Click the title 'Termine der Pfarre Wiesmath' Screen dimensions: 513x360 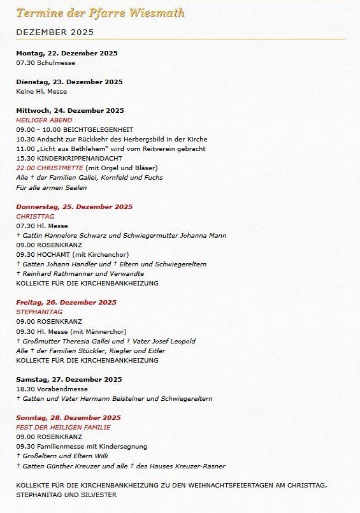100,13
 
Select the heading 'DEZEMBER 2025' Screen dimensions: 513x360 55,32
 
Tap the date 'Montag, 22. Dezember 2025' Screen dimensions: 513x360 66,54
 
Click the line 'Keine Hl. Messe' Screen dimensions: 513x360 42,92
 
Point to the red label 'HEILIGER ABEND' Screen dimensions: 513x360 44,120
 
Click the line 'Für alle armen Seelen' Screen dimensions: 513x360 52,187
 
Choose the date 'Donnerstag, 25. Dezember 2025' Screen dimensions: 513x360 74,206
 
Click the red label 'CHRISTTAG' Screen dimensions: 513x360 35,216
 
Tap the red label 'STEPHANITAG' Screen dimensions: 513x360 39,312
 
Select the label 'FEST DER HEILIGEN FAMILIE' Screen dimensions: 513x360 63,427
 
